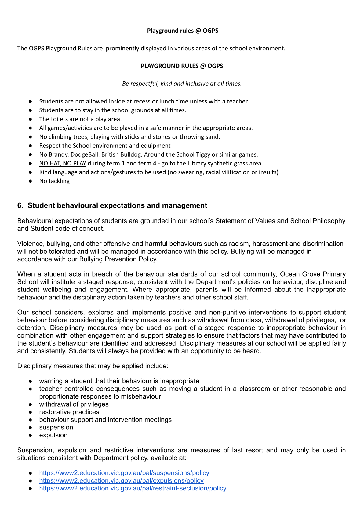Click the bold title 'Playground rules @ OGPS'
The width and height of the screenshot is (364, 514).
point(183,31)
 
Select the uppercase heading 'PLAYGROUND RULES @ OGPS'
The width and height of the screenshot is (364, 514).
point(182,66)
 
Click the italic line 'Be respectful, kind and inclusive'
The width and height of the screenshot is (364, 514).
point(182,84)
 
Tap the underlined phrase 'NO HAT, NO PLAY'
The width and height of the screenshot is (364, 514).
point(63,163)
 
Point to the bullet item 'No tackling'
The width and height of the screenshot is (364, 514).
point(54,181)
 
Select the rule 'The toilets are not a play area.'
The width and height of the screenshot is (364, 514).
point(80,119)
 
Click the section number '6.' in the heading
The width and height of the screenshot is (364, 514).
point(20,205)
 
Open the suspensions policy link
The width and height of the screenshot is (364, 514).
point(124,473)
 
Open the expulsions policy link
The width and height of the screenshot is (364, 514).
point(121,480)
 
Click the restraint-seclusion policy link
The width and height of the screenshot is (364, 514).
point(133,488)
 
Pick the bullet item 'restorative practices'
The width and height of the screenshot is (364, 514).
point(69,412)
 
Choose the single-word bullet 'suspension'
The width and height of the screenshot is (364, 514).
point(56,427)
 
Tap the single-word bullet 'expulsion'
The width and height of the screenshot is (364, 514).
point(53,435)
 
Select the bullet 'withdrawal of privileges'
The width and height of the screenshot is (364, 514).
point(74,404)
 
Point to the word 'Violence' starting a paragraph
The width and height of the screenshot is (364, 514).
point(30,244)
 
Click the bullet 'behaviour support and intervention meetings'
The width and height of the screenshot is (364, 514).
point(105,420)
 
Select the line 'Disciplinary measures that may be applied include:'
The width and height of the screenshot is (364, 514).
point(93,366)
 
